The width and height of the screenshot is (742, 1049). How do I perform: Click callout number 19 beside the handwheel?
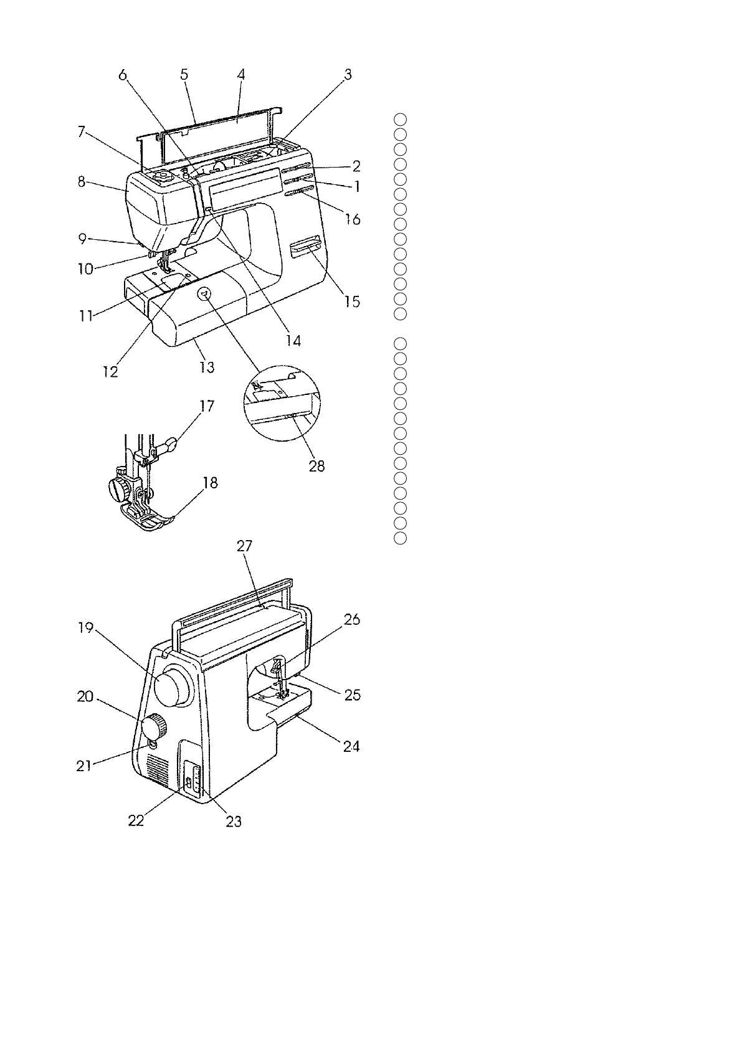[85, 628]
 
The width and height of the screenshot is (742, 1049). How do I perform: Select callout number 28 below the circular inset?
[316, 466]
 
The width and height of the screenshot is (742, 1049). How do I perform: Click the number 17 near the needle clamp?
[207, 407]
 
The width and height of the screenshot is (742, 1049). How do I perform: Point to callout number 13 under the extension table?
[207, 367]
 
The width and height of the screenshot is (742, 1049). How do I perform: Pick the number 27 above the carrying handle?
[244, 546]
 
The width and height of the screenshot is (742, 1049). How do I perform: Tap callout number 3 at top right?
[348, 75]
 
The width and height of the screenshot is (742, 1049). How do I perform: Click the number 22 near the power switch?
[136, 820]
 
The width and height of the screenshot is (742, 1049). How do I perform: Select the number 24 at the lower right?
[351, 746]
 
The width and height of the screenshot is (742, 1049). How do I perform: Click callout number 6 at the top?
[123, 75]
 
